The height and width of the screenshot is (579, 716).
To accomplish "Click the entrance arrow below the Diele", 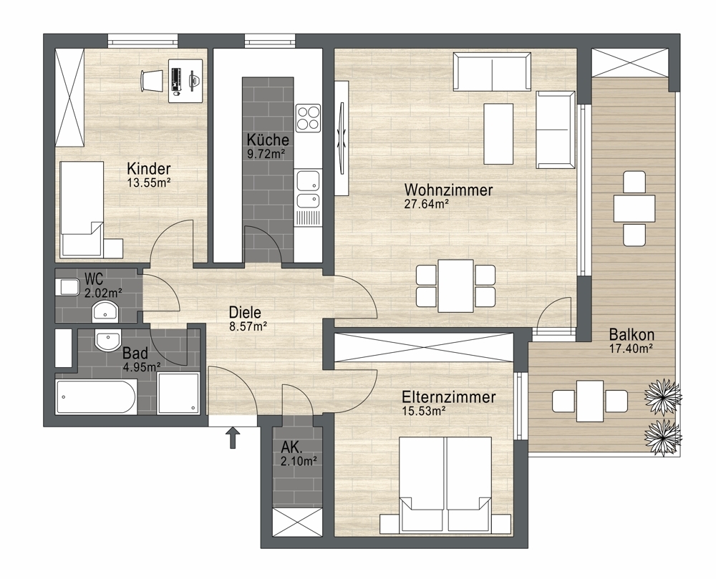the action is pyautogui.click(x=233, y=437).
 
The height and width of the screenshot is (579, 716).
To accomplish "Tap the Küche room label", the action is pyautogui.click(x=268, y=140).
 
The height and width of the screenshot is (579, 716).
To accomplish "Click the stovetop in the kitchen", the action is pyautogui.click(x=308, y=117).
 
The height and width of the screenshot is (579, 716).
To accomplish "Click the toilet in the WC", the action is pyautogui.click(x=67, y=287).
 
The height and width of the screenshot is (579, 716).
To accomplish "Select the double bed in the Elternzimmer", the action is pyautogui.click(x=445, y=485).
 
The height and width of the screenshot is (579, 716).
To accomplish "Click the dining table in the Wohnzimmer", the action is pyautogui.click(x=455, y=286).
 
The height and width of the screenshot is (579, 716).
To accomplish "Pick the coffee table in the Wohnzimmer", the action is pyautogui.click(x=498, y=133).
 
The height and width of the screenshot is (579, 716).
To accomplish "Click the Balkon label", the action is pyautogui.click(x=632, y=334).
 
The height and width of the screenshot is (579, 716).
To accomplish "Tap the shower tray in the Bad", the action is pyautogui.click(x=178, y=394).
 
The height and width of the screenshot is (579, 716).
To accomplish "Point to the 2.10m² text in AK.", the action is pyautogui.click(x=299, y=462).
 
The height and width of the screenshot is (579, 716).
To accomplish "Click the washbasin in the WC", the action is pyautogui.click(x=105, y=311).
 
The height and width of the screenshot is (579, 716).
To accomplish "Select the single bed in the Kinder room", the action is pyautogui.click(x=82, y=208).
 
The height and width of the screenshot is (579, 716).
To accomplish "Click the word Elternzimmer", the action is pyautogui.click(x=449, y=396).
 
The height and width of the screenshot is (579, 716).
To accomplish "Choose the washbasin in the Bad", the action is pyautogui.click(x=108, y=340).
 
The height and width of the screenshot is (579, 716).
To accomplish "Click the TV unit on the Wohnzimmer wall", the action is pyautogui.click(x=342, y=138).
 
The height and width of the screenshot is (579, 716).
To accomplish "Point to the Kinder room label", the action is pyautogui.click(x=149, y=168).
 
